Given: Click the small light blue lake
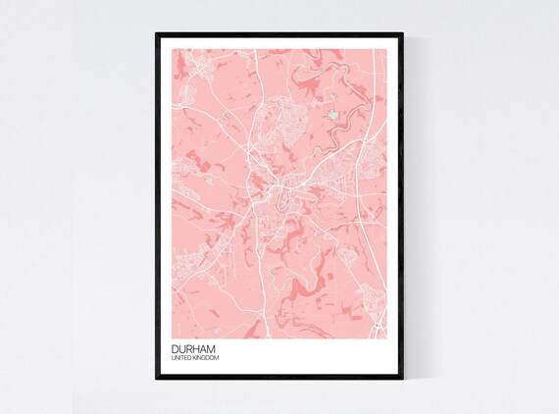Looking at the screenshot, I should click(337, 115).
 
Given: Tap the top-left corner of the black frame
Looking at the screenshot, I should click(157, 35).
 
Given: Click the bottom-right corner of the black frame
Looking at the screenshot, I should click(402, 378).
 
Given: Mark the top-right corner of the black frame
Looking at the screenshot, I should click(402, 35).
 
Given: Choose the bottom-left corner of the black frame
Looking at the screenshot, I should click(157, 378).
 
